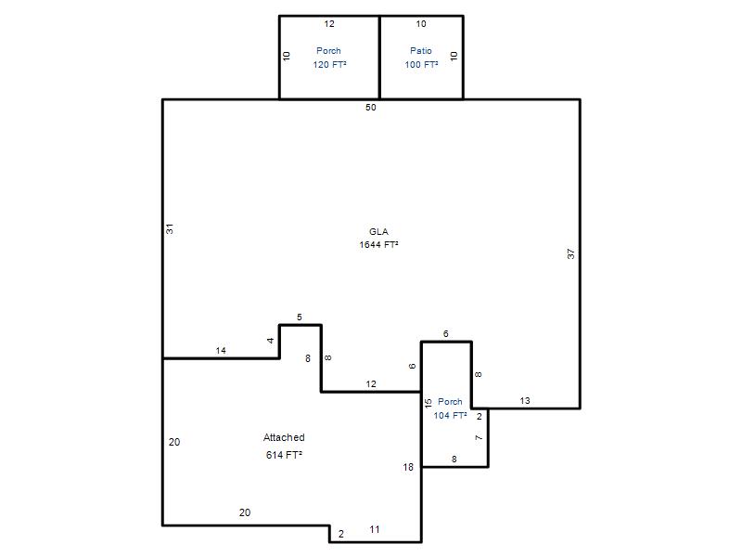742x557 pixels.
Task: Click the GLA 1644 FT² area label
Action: (378, 239)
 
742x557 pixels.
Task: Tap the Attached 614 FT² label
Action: (284, 447)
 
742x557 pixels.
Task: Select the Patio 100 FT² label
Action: (421, 58)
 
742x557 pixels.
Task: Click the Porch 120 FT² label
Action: (329, 58)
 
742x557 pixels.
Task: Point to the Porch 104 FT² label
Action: (450, 408)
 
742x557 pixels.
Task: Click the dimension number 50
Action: (370, 108)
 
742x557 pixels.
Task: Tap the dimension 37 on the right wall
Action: (570, 253)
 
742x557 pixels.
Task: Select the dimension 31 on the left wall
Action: (170, 228)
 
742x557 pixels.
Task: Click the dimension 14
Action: (221, 351)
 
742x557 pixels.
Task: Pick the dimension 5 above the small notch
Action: (299, 317)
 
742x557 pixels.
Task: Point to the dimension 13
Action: (525, 401)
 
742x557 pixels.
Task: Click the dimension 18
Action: (408, 467)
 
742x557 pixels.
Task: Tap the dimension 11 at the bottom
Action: (375, 529)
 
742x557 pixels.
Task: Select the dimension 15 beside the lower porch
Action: (429, 404)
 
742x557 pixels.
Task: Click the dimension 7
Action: (479, 437)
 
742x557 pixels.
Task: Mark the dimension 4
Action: (270, 340)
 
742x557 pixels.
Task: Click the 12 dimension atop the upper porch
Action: (329, 24)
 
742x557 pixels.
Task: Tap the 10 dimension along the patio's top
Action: (421, 24)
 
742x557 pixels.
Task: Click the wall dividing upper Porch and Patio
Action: (379, 58)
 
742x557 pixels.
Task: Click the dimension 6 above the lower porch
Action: (446, 334)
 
